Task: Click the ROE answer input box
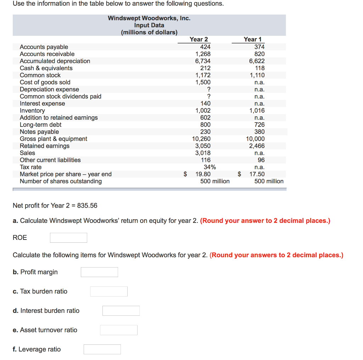pos(68,238)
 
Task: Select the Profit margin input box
pos(99,272)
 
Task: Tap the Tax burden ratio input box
pos(109,292)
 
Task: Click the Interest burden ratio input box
pos(121,311)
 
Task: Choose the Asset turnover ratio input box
pos(118,330)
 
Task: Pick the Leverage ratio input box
pos(102,349)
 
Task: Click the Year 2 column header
pos(199,39)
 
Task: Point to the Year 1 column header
pos(252,39)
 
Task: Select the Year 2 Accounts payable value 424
pos(205,47)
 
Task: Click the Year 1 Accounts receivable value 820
pos(259,54)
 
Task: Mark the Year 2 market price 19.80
pos(203,174)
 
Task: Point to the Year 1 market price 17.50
pos(257,174)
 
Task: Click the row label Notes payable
pos(39,132)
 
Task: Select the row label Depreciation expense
pos(49,89)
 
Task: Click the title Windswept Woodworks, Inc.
pos(149,18)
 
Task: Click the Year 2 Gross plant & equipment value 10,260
pos(201,139)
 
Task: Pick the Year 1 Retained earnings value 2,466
pos(257,146)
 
